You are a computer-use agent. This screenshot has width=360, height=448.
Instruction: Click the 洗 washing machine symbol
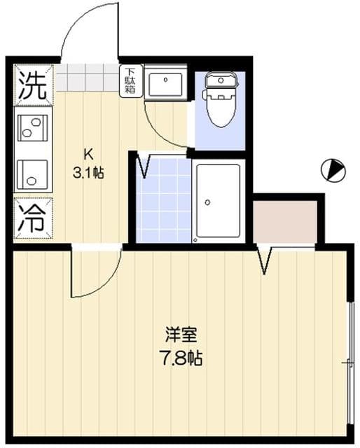[32, 85]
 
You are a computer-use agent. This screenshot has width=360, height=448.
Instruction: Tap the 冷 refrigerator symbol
[32, 217]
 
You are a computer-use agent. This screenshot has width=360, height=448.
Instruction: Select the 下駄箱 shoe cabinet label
[131, 82]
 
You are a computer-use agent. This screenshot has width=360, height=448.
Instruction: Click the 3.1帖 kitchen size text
[88, 173]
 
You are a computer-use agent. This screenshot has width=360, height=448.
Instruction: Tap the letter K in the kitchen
[88, 154]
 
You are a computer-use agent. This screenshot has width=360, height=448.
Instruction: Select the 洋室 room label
[179, 332]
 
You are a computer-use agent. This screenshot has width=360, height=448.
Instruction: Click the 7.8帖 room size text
[179, 359]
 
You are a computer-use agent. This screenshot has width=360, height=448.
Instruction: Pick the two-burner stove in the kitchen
[33, 128]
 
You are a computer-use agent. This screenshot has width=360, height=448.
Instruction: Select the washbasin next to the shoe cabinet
[165, 83]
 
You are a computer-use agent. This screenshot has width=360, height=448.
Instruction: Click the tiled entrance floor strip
[88, 78]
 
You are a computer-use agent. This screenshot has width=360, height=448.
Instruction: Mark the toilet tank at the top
[220, 80]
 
